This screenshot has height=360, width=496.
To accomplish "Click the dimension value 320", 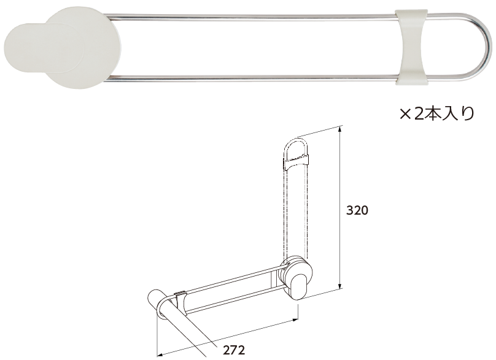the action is tap(357, 210).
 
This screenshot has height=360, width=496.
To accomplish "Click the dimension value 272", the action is tap(234, 350).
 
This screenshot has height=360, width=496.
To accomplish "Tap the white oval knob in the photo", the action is tap(44, 48).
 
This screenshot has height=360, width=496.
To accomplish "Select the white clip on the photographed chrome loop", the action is tap(411, 47).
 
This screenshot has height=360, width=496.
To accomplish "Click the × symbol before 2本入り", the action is tap(405, 114).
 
